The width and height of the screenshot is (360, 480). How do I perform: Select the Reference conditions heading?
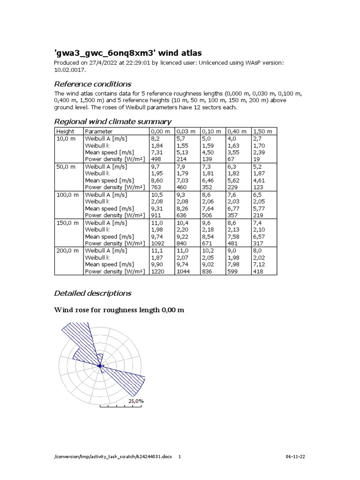pyautogui.click(x=93, y=84)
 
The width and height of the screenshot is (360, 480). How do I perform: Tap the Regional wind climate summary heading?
pyautogui.click(x=112, y=122)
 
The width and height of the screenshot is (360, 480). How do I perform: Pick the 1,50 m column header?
pyautogui.click(x=262, y=132)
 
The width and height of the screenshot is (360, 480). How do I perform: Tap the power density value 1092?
pyautogui.click(x=158, y=244)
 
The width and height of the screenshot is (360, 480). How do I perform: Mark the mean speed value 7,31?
pyautogui.click(x=157, y=152)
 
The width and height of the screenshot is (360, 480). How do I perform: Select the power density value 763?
pyautogui.click(x=156, y=187)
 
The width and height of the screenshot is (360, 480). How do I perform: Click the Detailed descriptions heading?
pyautogui.click(x=93, y=293)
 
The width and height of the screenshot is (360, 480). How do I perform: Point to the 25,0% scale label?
pyautogui.click(x=136, y=401)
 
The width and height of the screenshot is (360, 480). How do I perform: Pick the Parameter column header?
pyautogui.click(x=99, y=132)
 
